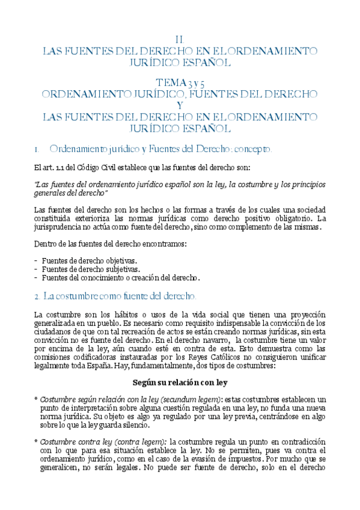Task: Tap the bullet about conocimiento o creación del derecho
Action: [x=121, y=278]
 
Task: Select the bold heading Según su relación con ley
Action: [x=179, y=382]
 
